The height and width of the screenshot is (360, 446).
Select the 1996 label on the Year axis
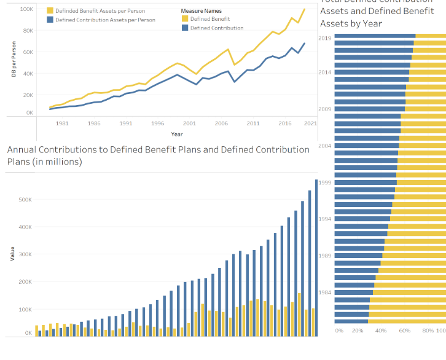(x=157, y=123)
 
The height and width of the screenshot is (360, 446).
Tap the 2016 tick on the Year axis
(x=285, y=123)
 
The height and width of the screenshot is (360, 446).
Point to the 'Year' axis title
(x=177, y=134)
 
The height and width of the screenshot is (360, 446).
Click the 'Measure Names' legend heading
(x=201, y=11)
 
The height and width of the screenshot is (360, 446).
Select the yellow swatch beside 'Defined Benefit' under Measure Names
(x=184, y=19)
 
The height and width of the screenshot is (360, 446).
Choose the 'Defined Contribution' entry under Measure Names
(x=217, y=28)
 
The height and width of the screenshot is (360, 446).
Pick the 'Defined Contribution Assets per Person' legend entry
(x=105, y=20)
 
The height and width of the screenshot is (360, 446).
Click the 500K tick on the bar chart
(x=25, y=200)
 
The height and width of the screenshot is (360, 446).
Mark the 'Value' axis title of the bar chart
(x=12, y=254)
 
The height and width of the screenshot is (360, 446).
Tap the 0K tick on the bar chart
(x=28, y=333)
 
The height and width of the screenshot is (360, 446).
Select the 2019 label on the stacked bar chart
(x=325, y=38)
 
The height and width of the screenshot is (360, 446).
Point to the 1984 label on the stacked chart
(x=325, y=292)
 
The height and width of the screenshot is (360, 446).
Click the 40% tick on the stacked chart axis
(x=381, y=331)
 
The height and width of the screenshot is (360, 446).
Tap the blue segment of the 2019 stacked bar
(x=375, y=36)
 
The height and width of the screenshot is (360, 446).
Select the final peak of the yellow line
(x=304, y=9)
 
